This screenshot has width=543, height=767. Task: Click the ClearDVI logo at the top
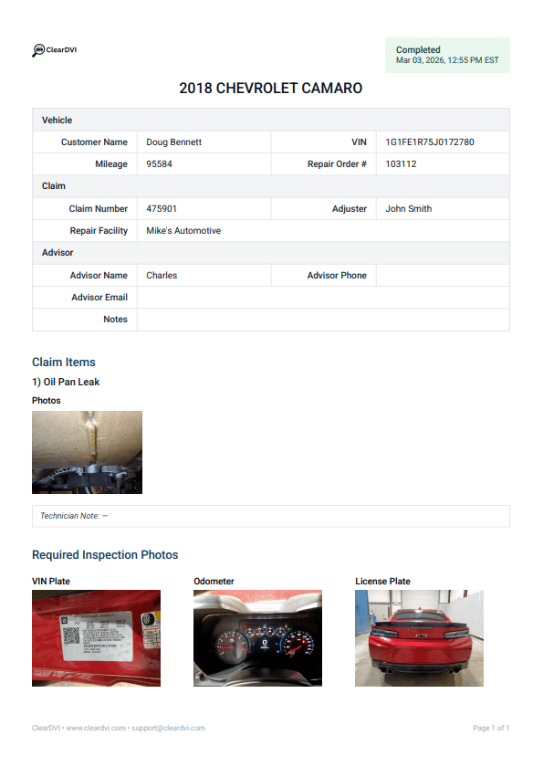point(54,50)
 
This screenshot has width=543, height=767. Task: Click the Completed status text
point(418,50)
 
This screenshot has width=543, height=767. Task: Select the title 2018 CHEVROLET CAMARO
point(271,89)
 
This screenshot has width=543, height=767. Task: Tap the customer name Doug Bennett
point(173,142)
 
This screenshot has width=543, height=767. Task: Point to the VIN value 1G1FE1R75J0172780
point(429,142)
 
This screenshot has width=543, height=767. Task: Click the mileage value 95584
point(159,164)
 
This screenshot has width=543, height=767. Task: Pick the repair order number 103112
point(401,164)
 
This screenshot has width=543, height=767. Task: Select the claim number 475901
point(162,209)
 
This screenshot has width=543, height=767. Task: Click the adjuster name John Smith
point(408,209)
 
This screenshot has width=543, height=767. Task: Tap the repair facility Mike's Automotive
point(183,231)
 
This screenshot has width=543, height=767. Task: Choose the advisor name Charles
point(162,276)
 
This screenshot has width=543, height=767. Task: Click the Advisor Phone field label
point(337,276)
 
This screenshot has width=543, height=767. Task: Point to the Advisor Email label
point(99,298)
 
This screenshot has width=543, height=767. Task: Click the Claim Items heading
point(64,362)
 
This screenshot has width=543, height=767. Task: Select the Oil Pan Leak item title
point(66,382)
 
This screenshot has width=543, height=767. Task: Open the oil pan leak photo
point(87,452)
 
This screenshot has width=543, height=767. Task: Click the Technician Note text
point(74,516)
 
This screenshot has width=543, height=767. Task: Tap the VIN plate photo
point(96,637)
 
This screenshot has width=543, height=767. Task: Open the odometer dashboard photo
point(257,637)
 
